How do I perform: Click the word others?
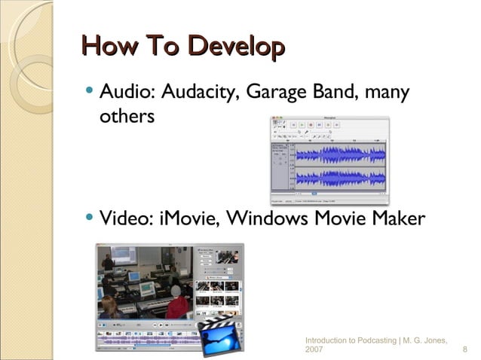coord(127,117)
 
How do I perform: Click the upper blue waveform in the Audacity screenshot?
coord(339,156)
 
